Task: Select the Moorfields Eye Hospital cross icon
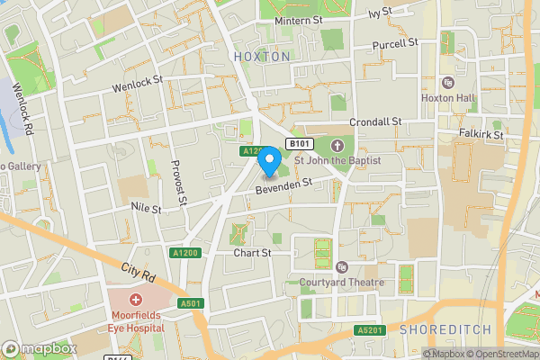[136, 299]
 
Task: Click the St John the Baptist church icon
[337, 145]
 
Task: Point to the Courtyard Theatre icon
[342, 267]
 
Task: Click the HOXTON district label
[262, 56]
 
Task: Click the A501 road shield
[190, 304]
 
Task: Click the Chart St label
[252, 253]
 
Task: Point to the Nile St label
[144, 209]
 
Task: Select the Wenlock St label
[137, 84]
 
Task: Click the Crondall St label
[376, 121]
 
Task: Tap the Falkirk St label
[478, 133]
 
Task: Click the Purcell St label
[396, 42]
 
